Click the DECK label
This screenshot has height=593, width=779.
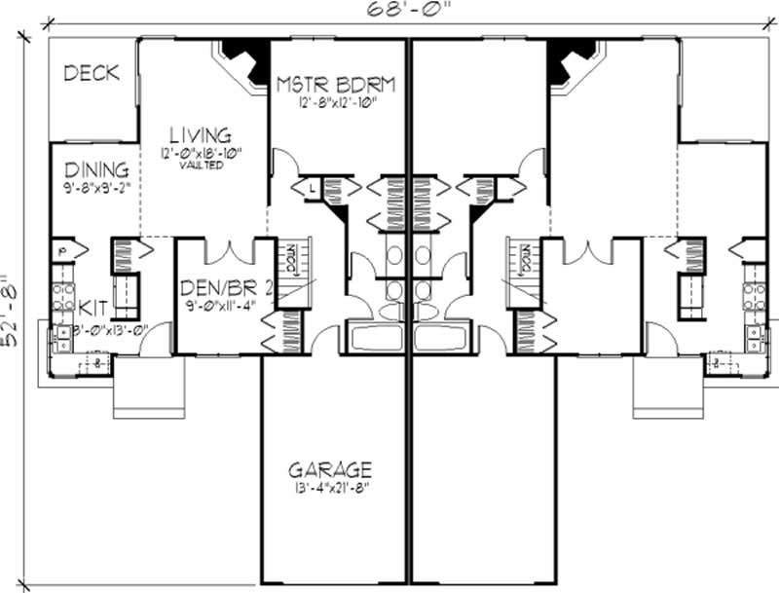tap(92, 73)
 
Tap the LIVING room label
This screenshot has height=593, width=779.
tap(200, 135)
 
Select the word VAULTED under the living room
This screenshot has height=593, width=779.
tap(201, 166)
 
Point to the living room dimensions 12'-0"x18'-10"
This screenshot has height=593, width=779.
tap(201, 153)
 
